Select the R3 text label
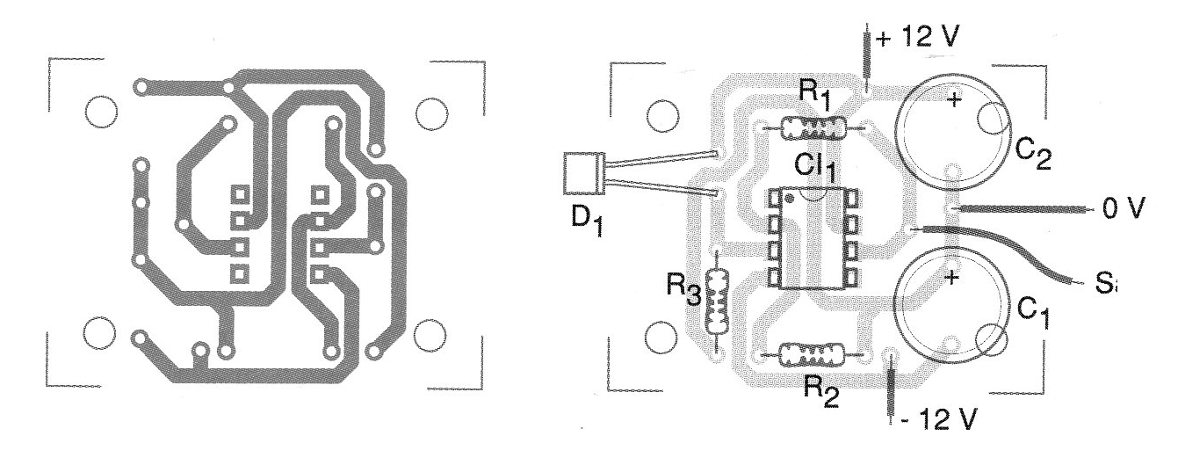coord(683,287)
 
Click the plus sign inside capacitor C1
coord(950,279)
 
